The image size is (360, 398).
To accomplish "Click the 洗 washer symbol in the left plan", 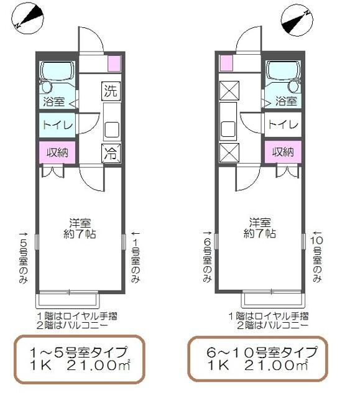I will [110, 91].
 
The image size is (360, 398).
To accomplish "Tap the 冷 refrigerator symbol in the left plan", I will [110, 151].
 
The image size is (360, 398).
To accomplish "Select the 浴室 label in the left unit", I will [54, 100].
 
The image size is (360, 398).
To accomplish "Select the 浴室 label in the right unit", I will [285, 100].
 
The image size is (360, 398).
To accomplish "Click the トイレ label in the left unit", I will [57, 124].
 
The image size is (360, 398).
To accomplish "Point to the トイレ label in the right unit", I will [282, 124].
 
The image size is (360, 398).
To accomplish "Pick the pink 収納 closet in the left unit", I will [58, 152].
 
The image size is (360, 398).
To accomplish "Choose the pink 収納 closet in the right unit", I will [283, 152].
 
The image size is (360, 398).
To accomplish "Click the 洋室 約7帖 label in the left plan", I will [82, 228].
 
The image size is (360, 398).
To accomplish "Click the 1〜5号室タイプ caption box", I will [79, 359].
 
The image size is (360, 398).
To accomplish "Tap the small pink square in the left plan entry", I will [114, 62].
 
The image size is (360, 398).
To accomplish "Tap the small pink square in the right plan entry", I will [225, 62].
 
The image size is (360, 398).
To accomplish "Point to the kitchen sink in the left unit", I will [111, 129].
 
